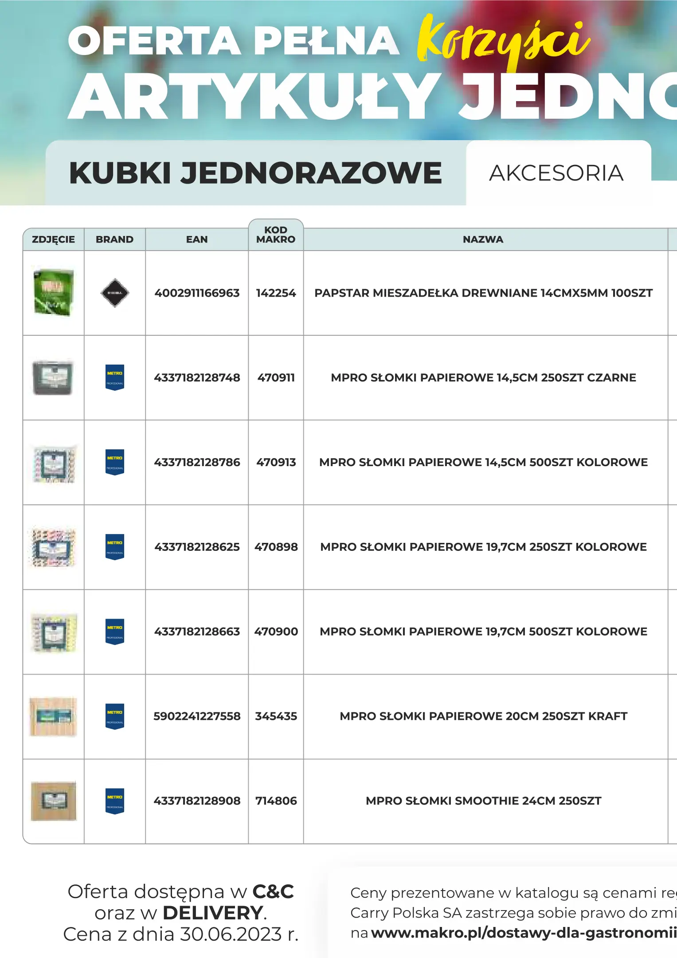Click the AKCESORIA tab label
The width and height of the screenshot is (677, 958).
[x=556, y=173]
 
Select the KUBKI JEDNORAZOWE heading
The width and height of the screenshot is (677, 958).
[x=255, y=173]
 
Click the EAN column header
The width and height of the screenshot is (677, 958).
[x=197, y=239]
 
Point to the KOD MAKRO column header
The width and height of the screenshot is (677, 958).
[x=276, y=235]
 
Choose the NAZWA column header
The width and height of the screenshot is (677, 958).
[x=483, y=239]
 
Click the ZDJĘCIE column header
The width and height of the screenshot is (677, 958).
[x=53, y=239]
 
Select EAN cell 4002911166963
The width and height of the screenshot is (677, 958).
[x=197, y=293]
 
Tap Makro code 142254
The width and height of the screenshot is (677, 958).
[x=276, y=293]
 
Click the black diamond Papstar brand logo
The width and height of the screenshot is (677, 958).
[x=115, y=293]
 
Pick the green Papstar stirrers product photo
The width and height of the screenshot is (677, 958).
[x=54, y=292]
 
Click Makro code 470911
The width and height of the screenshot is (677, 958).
[x=276, y=378]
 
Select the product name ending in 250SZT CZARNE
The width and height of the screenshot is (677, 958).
[x=483, y=378]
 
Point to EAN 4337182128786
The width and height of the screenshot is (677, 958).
[x=197, y=463]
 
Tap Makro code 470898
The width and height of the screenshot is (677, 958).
[x=276, y=547]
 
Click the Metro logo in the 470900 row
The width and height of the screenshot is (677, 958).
[x=115, y=632]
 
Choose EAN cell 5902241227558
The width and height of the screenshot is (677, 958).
[x=197, y=716]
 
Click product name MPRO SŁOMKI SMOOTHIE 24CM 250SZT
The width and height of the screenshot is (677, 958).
[x=483, y=801]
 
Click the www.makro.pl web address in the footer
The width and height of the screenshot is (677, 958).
[x=523, y=933]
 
